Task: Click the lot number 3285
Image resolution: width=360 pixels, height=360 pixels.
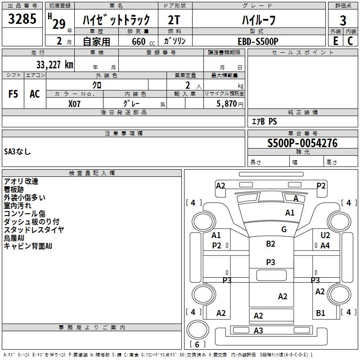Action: pos(22,20)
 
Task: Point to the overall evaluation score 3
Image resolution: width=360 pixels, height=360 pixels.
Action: pos(343,20)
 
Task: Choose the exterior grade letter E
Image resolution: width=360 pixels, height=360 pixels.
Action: pos(335,41)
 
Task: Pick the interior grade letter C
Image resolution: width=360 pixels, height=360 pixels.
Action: pos(350,41)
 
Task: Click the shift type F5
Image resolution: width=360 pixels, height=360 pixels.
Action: pos(13,94)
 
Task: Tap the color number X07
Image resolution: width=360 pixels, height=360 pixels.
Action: pos(75,103)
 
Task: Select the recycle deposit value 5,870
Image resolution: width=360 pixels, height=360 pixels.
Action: pos(227,103)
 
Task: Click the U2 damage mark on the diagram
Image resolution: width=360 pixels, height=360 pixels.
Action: pos(325,235)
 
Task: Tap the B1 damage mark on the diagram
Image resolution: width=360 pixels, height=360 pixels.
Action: pos(320,313)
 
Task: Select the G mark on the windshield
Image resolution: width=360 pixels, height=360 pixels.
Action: pos(284,229)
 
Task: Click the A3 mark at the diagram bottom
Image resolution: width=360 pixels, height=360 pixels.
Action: pos(258,331)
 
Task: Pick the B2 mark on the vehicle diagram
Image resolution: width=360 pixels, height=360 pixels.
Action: pos(270,244)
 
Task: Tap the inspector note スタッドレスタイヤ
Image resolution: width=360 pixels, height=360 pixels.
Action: pos(34,230)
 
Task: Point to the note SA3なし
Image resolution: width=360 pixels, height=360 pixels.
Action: pos(18,152)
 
